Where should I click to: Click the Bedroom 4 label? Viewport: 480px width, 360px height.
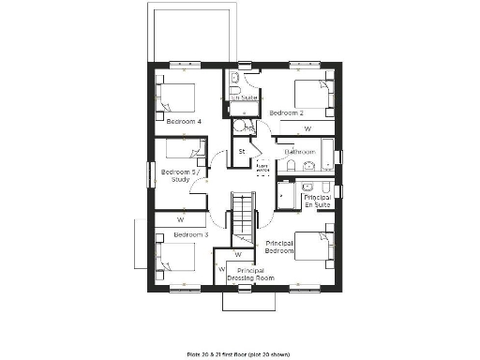click(185, 121)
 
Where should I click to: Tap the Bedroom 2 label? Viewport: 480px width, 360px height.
click(288, 112)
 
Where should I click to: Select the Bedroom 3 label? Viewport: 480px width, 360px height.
click(191, 234)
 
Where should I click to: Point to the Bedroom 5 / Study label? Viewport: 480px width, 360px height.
click(179, 176)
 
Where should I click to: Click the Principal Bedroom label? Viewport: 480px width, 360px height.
click(279, 247)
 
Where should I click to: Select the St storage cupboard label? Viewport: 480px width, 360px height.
click(241, 151)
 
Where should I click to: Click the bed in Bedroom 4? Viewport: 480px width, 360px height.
click(174, 97)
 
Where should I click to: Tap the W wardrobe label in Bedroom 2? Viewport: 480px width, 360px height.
click(307, 128)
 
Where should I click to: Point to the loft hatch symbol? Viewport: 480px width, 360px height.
click(262, 168)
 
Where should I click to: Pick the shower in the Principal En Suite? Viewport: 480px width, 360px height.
click(287, 193)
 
